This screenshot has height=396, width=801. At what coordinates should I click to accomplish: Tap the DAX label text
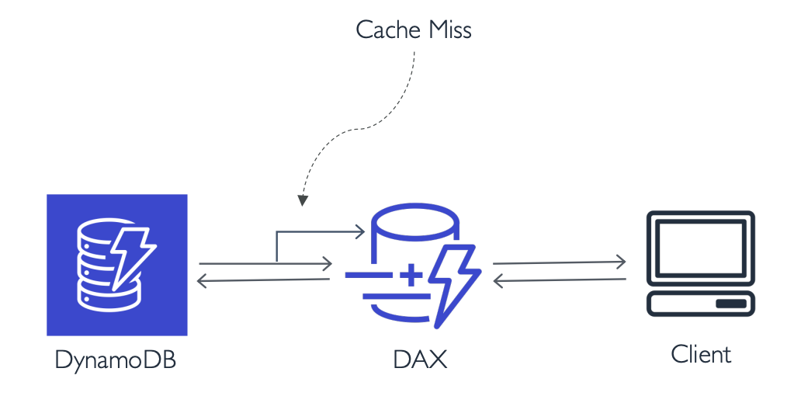[x=420, y=360]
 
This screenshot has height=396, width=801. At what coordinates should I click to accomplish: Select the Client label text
[x=701, y=355]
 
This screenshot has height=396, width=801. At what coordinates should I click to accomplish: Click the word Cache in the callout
[x=388, y=30]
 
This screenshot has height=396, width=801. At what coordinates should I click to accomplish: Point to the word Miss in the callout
[x=450, y=30]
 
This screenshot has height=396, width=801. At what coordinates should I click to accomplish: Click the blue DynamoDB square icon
[x=116, y=265]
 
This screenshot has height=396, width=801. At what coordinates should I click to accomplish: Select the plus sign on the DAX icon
[x=410, y=274]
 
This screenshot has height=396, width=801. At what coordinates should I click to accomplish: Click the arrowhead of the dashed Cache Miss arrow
[x=303, y=200]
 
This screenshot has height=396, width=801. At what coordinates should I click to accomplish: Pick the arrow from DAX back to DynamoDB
[x=264, y=280]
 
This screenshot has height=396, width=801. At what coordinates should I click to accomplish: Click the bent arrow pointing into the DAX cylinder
[x=318, y=231]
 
